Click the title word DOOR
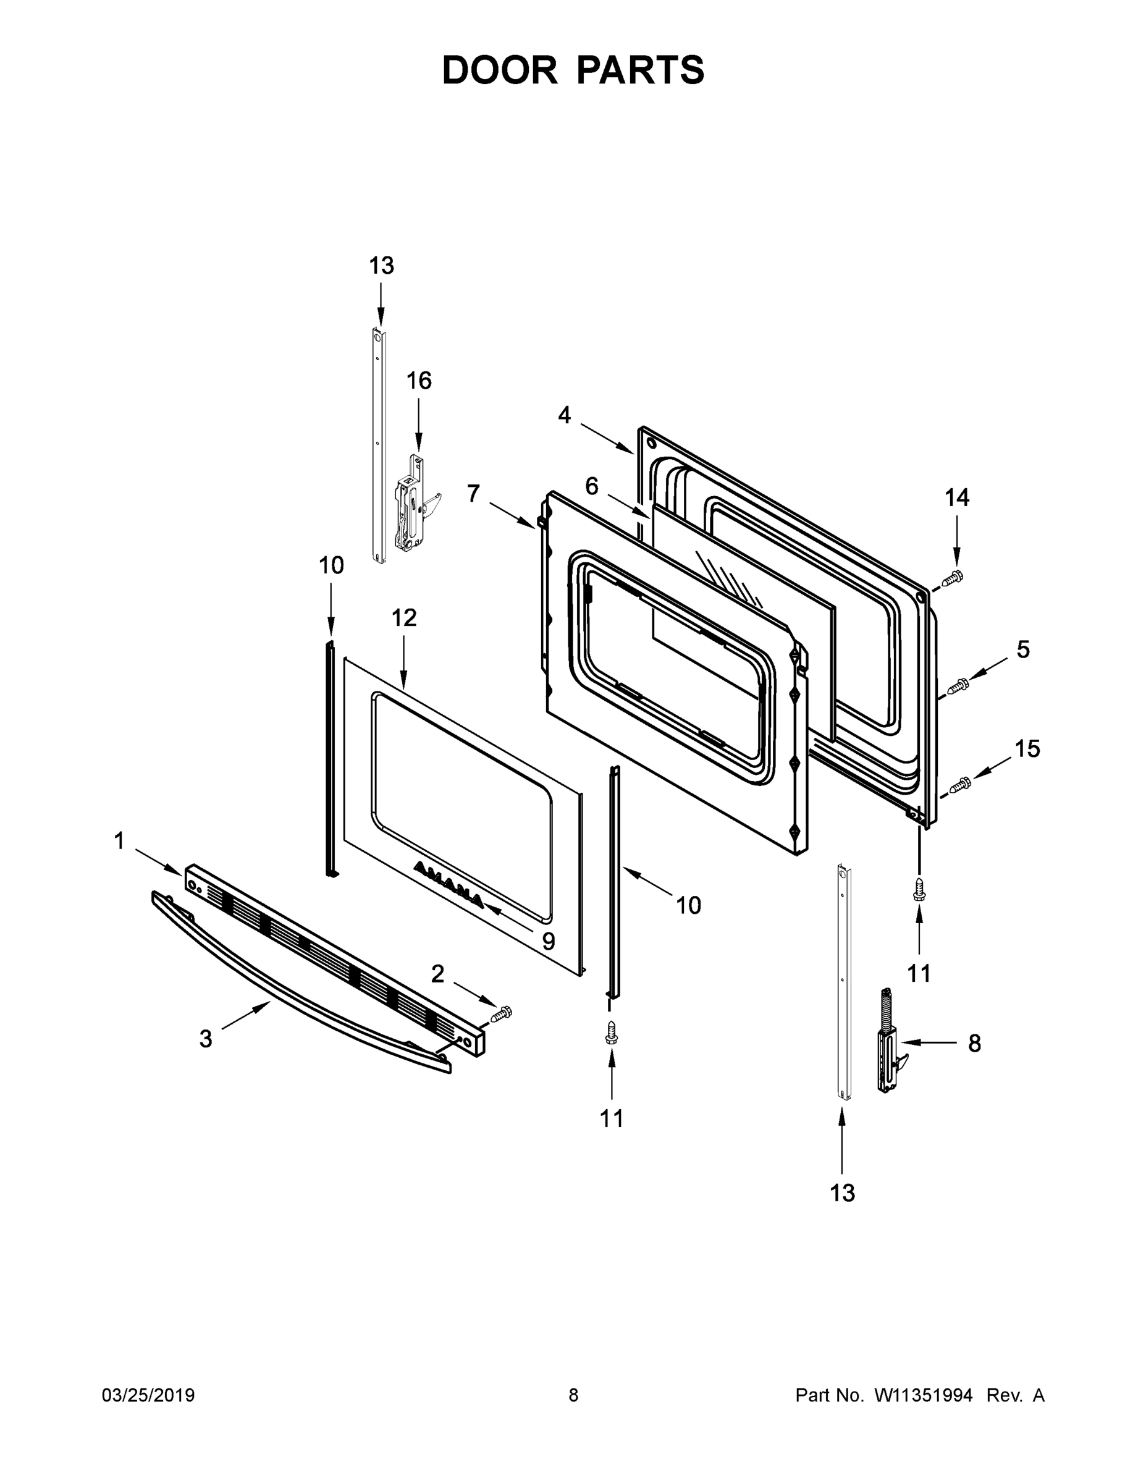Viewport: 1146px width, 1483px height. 499,70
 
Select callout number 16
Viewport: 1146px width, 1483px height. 419,381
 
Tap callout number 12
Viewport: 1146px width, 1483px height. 404,617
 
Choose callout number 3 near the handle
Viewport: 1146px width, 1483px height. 206,1038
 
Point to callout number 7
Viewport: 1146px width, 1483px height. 473,494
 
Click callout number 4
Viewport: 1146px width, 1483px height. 564,415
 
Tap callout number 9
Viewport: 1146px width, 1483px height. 548,941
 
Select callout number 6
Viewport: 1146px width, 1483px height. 592,486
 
